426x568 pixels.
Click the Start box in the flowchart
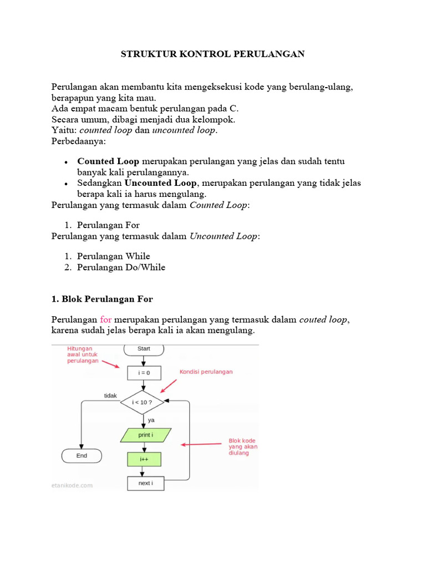[x=144, y=349]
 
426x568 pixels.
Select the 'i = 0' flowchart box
[x=144, y=373]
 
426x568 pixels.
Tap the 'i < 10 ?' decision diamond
[x=144, y=402]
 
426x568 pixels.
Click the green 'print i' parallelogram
[x=146, y=435]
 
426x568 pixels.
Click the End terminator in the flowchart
[x=82, y=456]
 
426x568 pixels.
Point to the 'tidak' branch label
[x=110, y=395]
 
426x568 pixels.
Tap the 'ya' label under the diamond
[x=151, y=420]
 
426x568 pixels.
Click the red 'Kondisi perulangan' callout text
[x=206, y=372]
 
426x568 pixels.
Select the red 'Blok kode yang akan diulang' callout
[x=243, y=447]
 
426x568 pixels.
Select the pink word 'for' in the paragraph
[x=106, y=319]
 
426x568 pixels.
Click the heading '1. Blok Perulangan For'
[x=102, y=299]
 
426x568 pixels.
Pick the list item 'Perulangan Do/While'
[x=121, y=267]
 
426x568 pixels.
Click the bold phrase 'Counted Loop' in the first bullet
[x=108, y=161]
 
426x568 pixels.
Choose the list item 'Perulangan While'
[x=114, y=256]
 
